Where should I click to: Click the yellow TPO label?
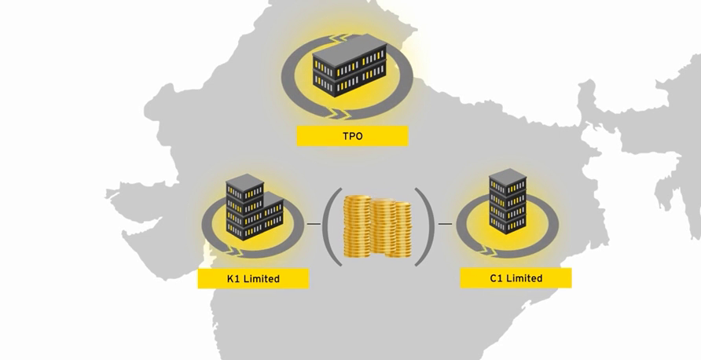tap(352, 136)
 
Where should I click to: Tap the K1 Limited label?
tap(253, 278)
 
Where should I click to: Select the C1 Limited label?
tap(516, 278)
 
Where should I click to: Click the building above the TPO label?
tap(350, 64)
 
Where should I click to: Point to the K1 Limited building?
tap(254, 207)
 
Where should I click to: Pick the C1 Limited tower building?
tap(508, 200)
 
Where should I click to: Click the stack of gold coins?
tap(377, 226)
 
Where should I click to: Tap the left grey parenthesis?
tap(332, 226)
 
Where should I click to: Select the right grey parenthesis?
tap(424, 226)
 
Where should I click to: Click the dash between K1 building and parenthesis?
tap(314, 223)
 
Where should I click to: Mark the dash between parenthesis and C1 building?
tap(446, 223)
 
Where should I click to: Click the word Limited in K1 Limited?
tap(262, 278)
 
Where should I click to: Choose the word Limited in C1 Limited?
tap(524, 278)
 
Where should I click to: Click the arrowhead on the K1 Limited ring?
tap(236, 252)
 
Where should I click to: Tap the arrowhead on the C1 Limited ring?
tap(490, 251)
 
